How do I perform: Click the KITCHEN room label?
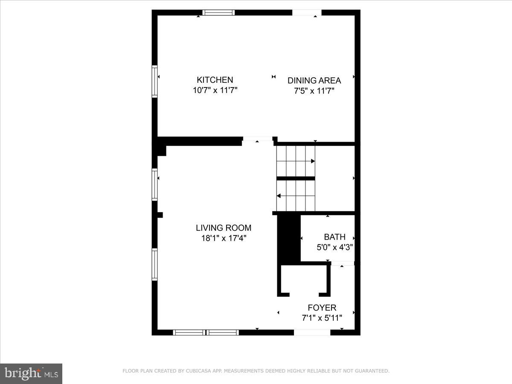click(215, 80)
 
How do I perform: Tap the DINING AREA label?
click(314, 80)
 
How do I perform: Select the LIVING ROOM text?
click(224, 228)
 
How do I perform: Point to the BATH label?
click(335, 237)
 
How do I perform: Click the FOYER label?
click(322, 308)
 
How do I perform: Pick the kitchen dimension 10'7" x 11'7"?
click(215, 90)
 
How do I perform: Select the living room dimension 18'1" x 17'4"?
click(224, 239)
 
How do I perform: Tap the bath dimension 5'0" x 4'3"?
click(335, 247)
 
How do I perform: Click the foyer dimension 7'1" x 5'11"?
click(322, 318)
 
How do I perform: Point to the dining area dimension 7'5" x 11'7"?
click(314, 91)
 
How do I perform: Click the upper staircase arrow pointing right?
click(312, 161)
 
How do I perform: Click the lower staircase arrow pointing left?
click(279, 196)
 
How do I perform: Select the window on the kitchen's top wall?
click(218, 12)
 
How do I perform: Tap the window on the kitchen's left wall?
click(155, 81)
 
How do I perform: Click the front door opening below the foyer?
click(312, 332)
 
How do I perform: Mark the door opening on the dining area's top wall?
click(307, 12)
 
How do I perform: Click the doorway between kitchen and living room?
click(257, 139)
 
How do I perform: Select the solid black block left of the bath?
click(289, 238)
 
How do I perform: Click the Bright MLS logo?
click(31, 374)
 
